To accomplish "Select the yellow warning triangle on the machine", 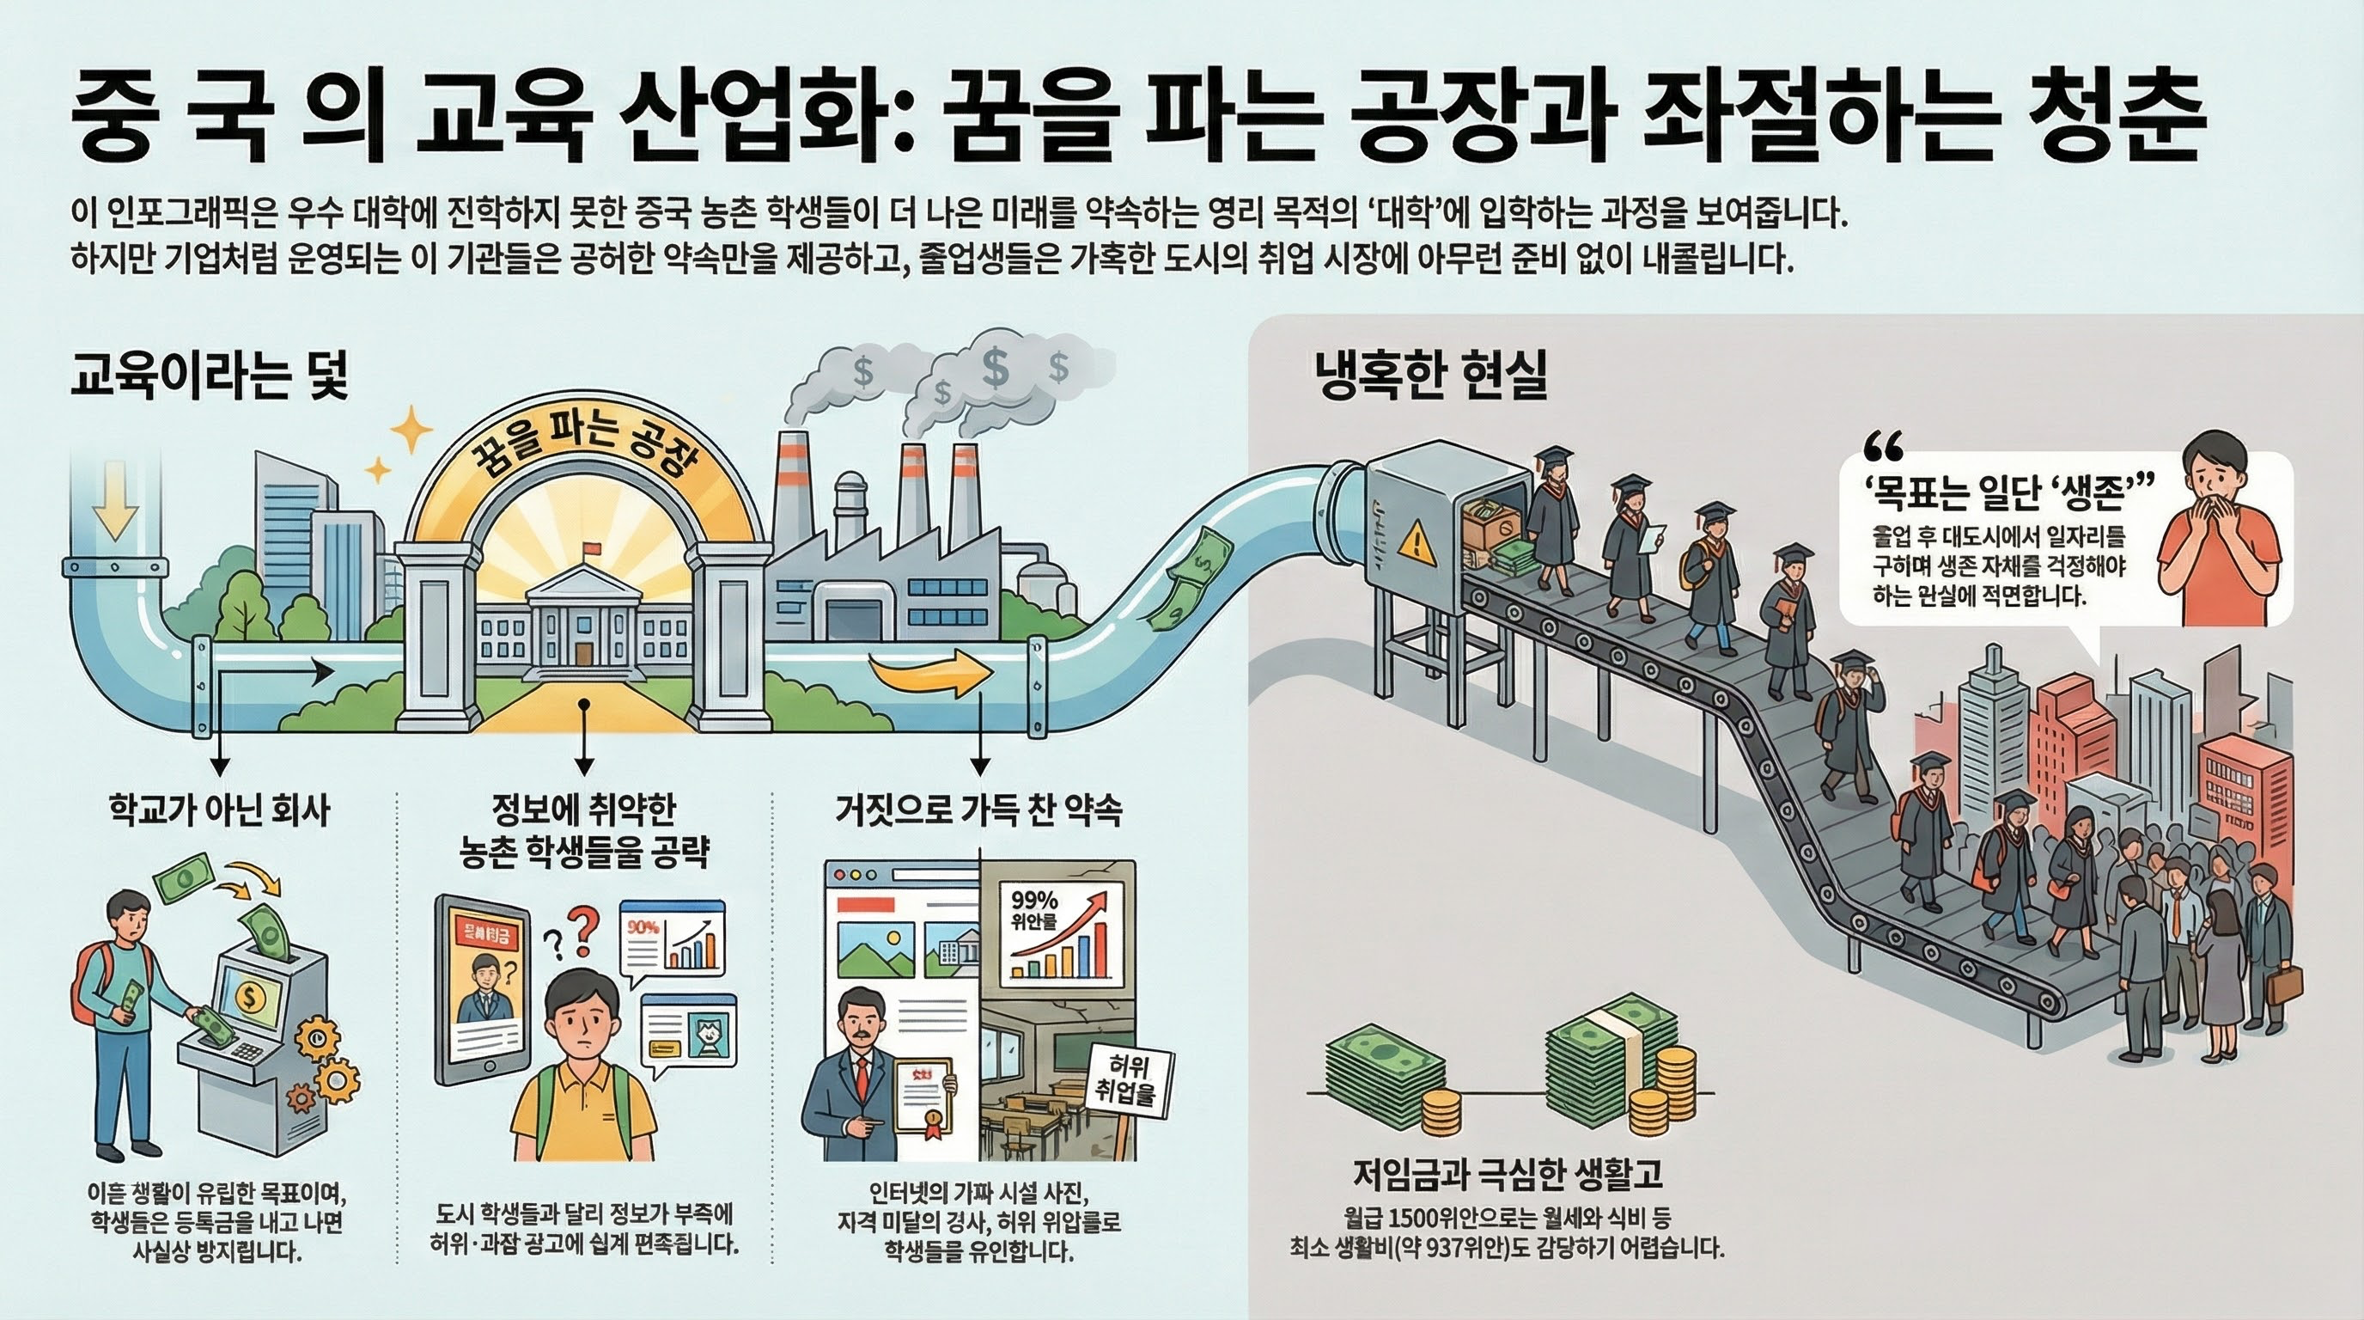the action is pyautogui.click(x=1415, y=542).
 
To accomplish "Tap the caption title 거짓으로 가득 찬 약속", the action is pyautogui.click(x=979, y=810).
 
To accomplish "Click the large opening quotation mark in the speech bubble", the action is pyautogui.click(x=1883, y=447).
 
